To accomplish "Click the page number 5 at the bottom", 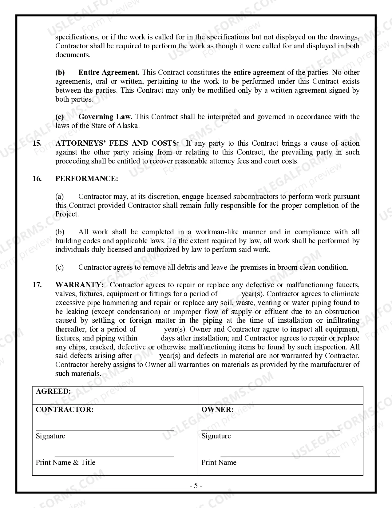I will pyautogui.click(x=196, y=486).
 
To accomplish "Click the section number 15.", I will pyautogui.click(x=37, y=143).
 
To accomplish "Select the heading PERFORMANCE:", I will pyautogui.click(x=86, y=179).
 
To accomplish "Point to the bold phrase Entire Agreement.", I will pyautogui.click(x=109, y=73).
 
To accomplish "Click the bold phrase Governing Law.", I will pyautogui.click(x=105, y=117).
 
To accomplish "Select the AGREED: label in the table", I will pyautogui.click(x=53, y=392).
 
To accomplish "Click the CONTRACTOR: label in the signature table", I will pyautogui.click(x=65, y=409).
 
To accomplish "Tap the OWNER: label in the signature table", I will pyautogui.click(x=217, y=409).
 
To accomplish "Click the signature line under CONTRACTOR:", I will pyautogui.click(x=105, y=429).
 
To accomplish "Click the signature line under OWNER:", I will pyautogui.click(x=271, y=429).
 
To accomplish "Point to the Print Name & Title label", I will pyautogui.click(x=65, y=462).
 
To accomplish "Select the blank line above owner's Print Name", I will pyautogui.click(x=280, y=456).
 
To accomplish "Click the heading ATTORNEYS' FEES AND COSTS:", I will pyautogui.click(x=117, y=143).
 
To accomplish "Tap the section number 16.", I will pyautogui.click(x=37, y=179).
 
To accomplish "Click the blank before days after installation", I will pyautogui.click(x=149, y=338).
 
